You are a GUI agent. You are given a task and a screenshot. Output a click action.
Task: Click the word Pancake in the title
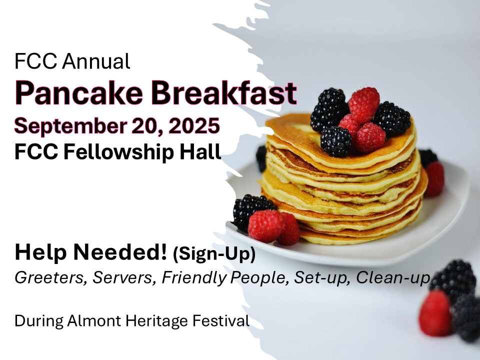[79, 93]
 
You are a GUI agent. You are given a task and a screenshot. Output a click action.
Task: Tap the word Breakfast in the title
[224, 92]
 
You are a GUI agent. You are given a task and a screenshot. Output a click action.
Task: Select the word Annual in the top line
[96, 61]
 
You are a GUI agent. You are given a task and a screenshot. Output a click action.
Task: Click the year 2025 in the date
[194, 125]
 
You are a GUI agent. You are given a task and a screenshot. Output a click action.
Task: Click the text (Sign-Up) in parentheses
[214, 254]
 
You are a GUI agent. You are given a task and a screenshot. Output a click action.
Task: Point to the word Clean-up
[393, 278]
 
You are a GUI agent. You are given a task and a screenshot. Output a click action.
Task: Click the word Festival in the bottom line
[220, 321]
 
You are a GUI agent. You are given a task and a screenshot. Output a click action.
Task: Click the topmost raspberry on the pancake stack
[364, 103]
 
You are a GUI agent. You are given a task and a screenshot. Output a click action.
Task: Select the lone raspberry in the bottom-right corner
[435, 313]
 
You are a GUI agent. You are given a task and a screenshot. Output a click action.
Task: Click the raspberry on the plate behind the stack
[433, 179]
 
